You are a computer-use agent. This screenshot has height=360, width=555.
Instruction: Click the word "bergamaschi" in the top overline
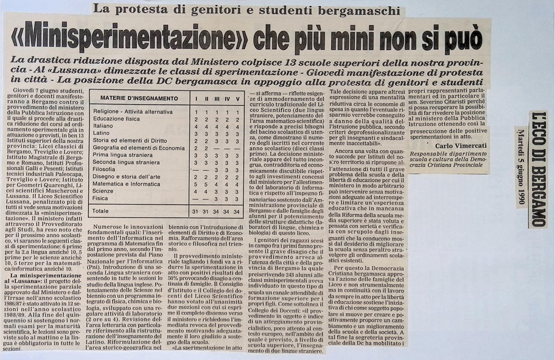[354, 10]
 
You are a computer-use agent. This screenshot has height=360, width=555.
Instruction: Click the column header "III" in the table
[216, 98]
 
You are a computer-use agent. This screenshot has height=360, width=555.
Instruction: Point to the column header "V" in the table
[237, 98]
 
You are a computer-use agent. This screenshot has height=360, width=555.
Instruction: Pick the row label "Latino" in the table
[102, 133]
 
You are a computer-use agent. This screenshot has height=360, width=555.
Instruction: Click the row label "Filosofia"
[105, 170]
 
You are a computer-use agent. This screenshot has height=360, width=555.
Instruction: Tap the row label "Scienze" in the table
[104, 191]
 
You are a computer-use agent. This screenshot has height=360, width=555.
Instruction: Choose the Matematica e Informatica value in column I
[195, 184]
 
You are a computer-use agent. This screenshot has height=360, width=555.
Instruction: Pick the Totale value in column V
[237, 211]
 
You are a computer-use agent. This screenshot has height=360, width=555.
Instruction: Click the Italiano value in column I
[195, 125]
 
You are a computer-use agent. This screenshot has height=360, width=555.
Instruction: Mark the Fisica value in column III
[216, 198]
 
